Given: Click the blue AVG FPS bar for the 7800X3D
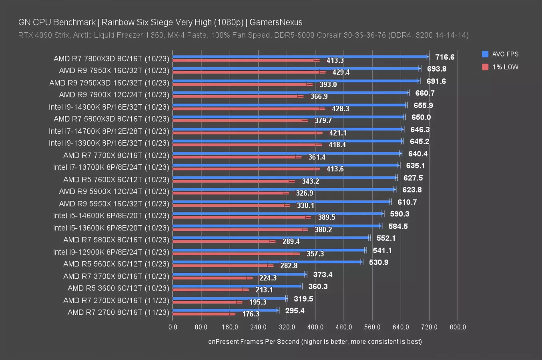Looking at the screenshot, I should point(300,57).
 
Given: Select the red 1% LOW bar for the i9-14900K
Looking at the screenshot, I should point(246,108).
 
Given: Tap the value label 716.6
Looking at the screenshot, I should point(445,57).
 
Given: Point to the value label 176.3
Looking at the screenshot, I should point(251,314).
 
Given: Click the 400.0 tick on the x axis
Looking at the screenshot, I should point(315,327).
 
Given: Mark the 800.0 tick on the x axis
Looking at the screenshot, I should point(458,327).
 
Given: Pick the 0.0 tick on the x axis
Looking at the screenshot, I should point(173,327).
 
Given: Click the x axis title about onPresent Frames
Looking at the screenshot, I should point(315,342).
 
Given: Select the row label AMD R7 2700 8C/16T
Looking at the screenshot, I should point(118,312).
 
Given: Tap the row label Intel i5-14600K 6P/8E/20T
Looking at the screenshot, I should point(111,216).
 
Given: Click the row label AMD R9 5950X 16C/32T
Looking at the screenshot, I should point(114,204).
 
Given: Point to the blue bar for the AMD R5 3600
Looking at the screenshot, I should point(237,286).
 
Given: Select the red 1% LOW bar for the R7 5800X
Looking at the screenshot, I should point(222,241).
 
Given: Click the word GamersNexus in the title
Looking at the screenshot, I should point(276,22).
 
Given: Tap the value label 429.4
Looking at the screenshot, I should point(341,72).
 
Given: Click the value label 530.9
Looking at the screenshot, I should point(378,262).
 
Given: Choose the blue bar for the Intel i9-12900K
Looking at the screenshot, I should point(269,250).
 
